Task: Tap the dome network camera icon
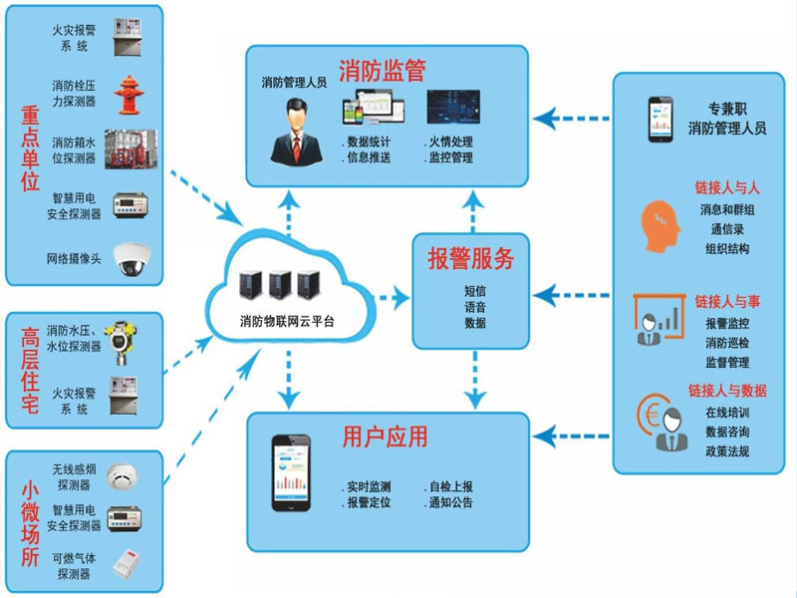[132, 259]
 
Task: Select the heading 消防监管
[383, 70]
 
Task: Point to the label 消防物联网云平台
[287, 321]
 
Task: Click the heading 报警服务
[470, 258]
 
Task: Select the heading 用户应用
[385, 437]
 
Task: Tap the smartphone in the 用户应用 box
[291, 472]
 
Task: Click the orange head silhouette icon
[660, 226]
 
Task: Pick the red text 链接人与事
[727, 302]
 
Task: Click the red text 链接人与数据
[727, 391]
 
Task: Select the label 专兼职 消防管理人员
[727, 119]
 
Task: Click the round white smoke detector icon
[122, 477]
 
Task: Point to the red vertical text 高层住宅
[30, 370]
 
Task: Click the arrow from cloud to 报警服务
[391, 298]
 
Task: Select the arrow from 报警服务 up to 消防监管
[473, 211]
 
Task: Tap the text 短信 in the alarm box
[475, 291]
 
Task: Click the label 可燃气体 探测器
[74, 566]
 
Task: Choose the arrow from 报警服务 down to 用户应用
[475, 380]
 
